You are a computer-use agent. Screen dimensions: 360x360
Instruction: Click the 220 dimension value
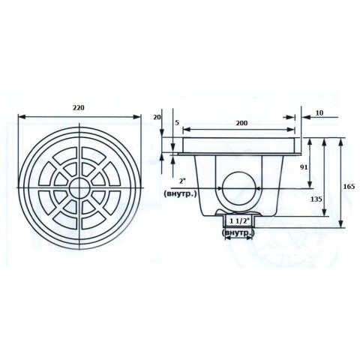pyautogui.click(x=79, y=108)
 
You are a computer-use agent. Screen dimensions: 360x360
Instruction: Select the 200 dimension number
pyautogui.click(x=241, y=123)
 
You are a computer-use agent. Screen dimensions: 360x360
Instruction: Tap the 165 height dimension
pyautogui.click(x=349, y=186)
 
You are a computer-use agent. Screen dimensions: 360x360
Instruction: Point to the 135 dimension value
pyautogui.click(x=316, y=199)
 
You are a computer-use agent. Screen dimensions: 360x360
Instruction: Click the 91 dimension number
pyautogui.click(x=304, y=167)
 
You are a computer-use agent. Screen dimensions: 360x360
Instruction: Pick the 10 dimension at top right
pyautogui.click(x=319, y=113)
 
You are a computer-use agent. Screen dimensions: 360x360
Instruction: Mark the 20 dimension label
pyautogui.click(x=157, y=117)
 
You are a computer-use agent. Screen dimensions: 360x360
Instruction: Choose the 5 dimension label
pyautogui.click(x=177, y=123)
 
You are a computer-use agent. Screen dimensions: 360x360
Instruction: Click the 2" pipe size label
pyautogui.click(x=181, y=181)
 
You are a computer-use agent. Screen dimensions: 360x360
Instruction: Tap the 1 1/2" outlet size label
pyautogui.click(x=238, y=220)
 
